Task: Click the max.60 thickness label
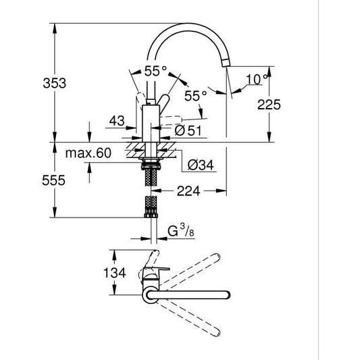pyautogui.click(x=88, y=153)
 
